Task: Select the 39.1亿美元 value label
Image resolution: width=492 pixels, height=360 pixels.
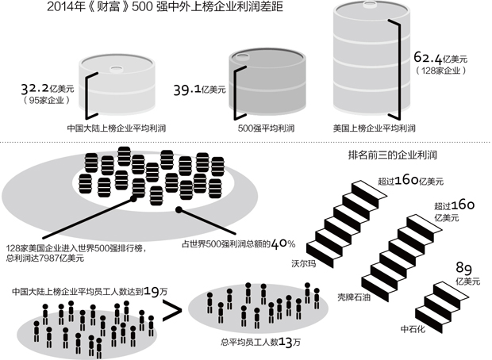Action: click(x=199, y=91)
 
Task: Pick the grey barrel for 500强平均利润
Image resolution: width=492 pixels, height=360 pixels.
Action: click(x=267, y=83)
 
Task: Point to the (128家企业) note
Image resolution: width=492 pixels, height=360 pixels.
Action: click(x=442, y=70)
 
